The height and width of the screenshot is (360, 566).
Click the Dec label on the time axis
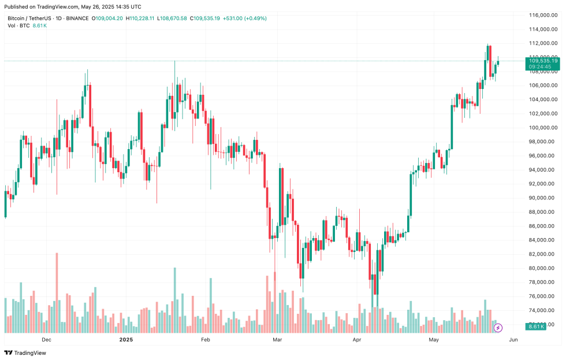coord(47,340)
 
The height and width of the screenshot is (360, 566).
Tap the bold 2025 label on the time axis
coord(126,340)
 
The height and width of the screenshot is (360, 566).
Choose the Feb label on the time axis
coord(206,340)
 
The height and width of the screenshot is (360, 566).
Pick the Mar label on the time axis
coord(277,340)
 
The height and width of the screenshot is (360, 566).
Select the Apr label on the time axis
coord(356,340)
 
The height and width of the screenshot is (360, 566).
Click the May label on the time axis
coord(434,340)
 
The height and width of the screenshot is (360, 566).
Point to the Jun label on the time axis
coord(513,340)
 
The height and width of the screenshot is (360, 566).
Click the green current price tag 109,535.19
coord(542,61)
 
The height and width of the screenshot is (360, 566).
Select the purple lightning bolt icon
coord(498,328)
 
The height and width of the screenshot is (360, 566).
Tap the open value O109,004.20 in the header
coord(108,18)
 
